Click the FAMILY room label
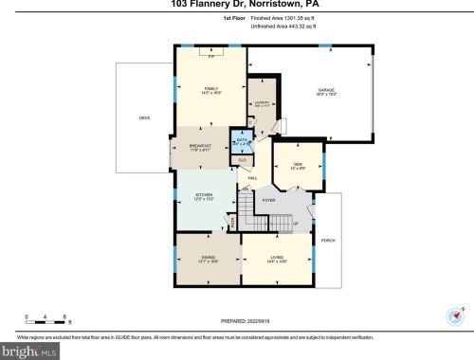[211, 89]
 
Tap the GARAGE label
[326, 90]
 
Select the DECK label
[144, 117]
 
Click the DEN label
[297, 164]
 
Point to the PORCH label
[329, 241]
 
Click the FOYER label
[268, 200]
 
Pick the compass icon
[451, 317]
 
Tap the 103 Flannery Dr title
[237, 4]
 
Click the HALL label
[253, 177]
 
